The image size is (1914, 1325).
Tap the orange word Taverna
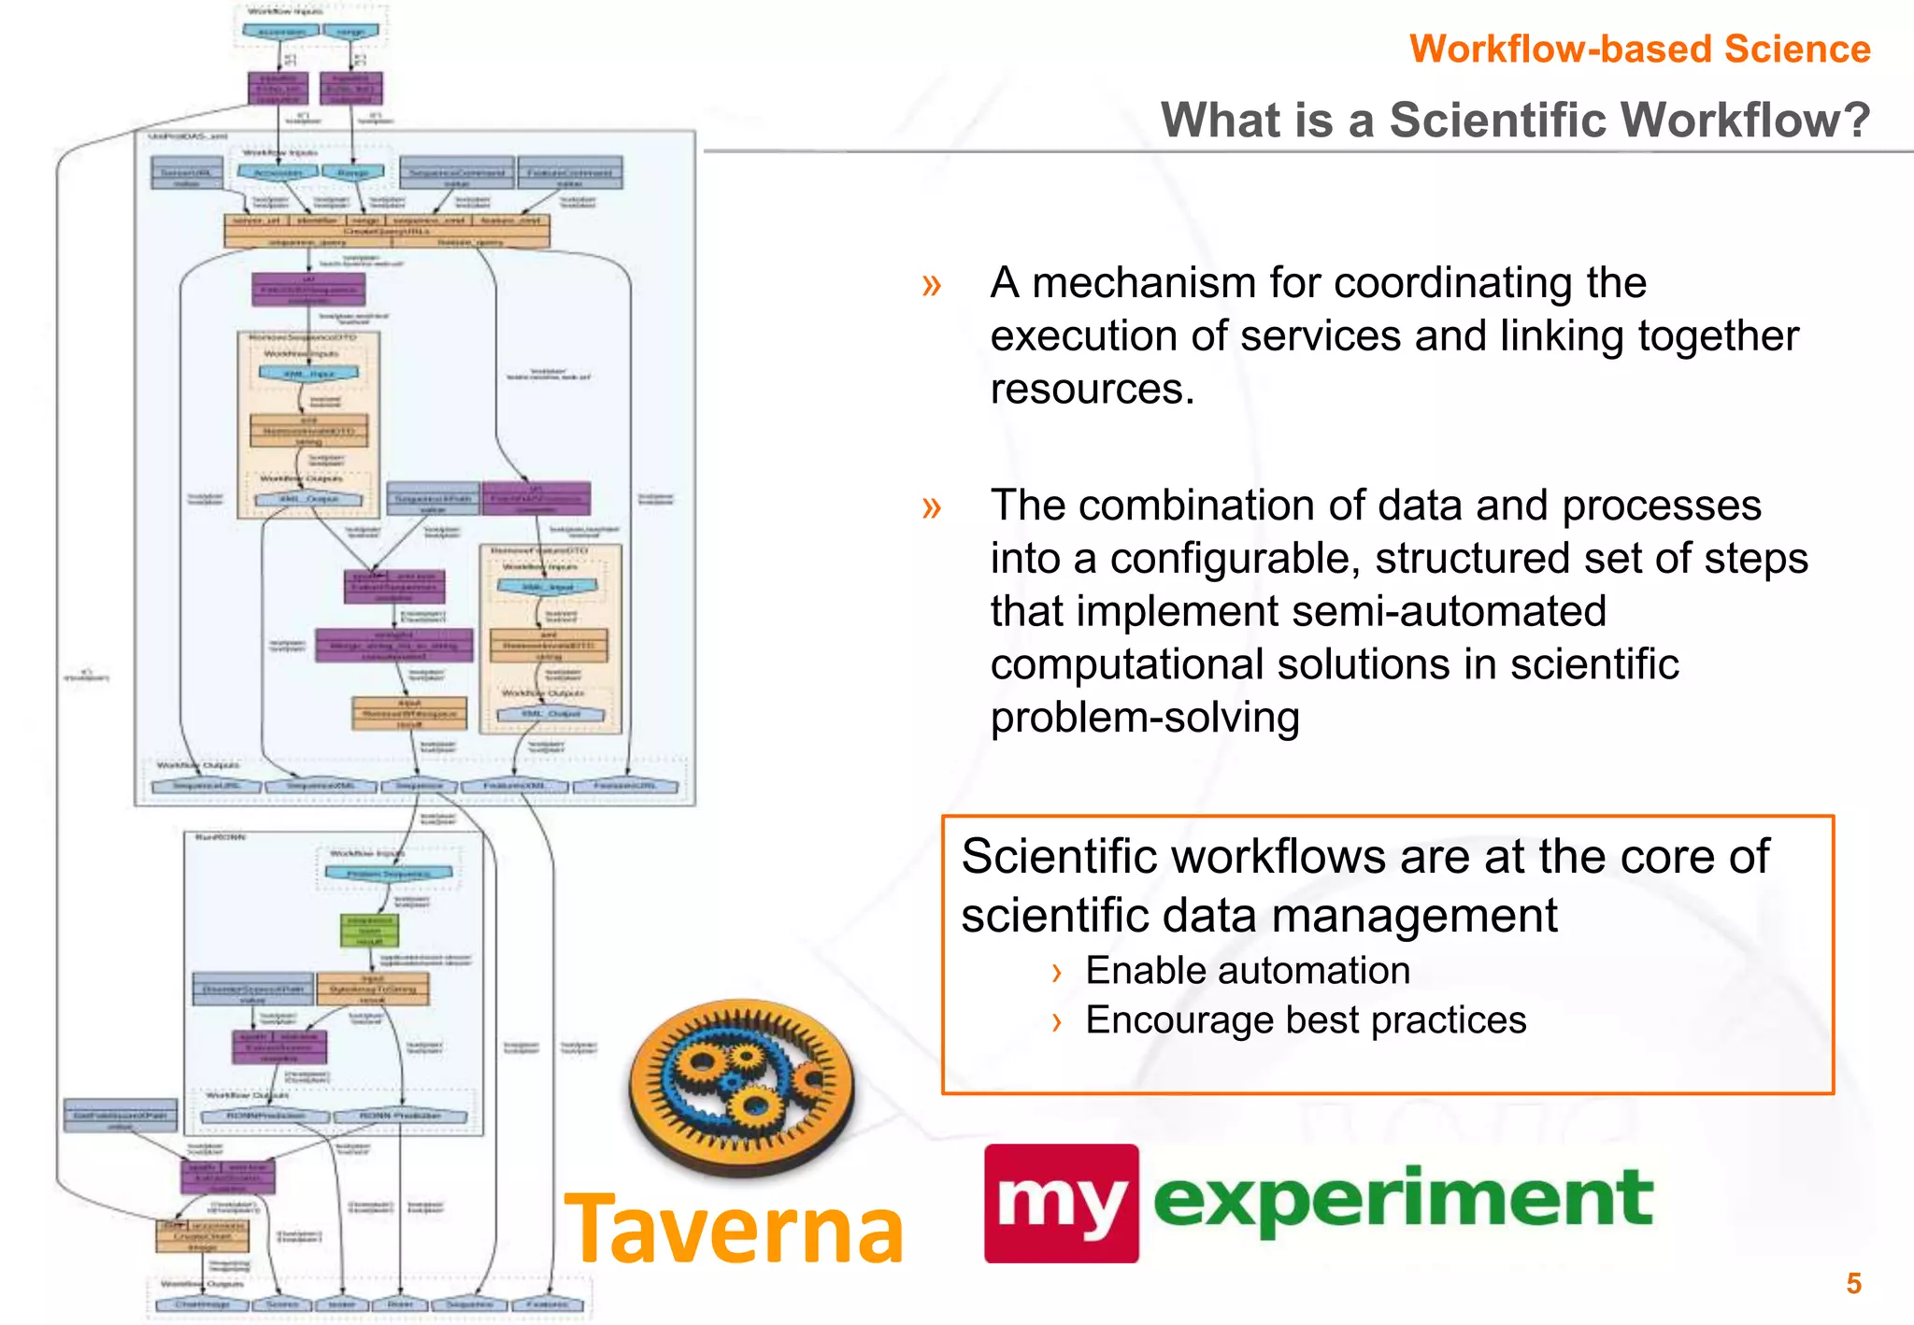pos(735,1230)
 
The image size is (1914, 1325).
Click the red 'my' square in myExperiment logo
pos(1061,1204)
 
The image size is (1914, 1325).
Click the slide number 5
pos(1853,1283)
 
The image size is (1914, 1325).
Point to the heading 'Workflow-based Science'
pos(1639,49)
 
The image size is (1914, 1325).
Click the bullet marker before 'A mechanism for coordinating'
pos(931,284)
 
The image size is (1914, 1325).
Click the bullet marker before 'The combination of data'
pos(931,507)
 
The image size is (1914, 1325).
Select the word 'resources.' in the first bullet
pos(1092,389)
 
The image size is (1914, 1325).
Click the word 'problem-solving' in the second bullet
pos(1145,718)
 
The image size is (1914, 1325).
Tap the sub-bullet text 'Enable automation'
pos(1247,971)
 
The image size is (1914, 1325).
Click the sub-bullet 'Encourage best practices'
pos(1305,1020)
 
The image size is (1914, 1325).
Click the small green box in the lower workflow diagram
pos(369,931)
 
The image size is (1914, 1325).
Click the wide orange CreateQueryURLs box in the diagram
pos(386,231)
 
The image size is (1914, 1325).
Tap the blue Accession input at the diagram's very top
pos(280,32)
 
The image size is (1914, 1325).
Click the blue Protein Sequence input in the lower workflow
pos(388,874)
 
